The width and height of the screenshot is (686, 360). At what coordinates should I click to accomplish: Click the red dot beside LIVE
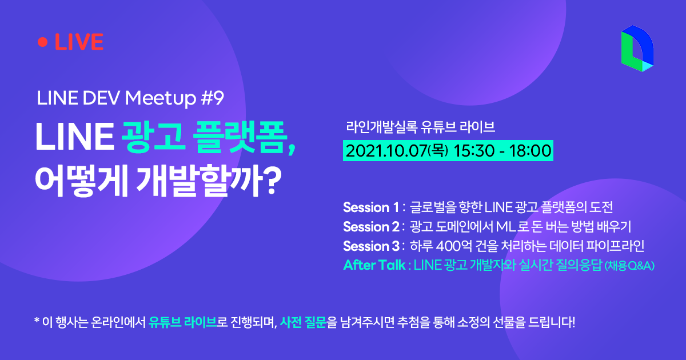[x=42, y=42]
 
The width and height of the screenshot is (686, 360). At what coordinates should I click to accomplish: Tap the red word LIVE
[x=79, y=42]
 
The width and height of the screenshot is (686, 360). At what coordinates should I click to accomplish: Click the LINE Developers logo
[x=637, y=49]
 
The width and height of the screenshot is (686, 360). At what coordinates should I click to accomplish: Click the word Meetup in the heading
[x=161, y=98]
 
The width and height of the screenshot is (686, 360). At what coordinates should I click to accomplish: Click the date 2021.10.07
[x=386, y=151]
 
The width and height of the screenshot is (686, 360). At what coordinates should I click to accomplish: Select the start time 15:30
[x=474, y=151]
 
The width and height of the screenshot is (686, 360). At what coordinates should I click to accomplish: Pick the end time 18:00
[x=530, y=151]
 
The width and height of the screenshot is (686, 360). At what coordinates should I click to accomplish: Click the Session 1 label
[x=371, y=207]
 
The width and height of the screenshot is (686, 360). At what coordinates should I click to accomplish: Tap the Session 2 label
[x=371, y=227]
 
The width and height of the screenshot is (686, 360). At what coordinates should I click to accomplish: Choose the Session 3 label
[x=371, y=246]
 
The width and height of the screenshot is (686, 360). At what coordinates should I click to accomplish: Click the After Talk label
[x=374, y=265]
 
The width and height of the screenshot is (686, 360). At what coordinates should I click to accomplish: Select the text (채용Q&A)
[x=629, y=266]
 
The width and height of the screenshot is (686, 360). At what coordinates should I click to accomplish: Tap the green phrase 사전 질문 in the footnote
[x=303, y=322]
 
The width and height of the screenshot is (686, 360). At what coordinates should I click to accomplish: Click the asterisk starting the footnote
[x=37, y=321]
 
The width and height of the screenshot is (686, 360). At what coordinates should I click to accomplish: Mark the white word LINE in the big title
[x=74, y=137]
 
